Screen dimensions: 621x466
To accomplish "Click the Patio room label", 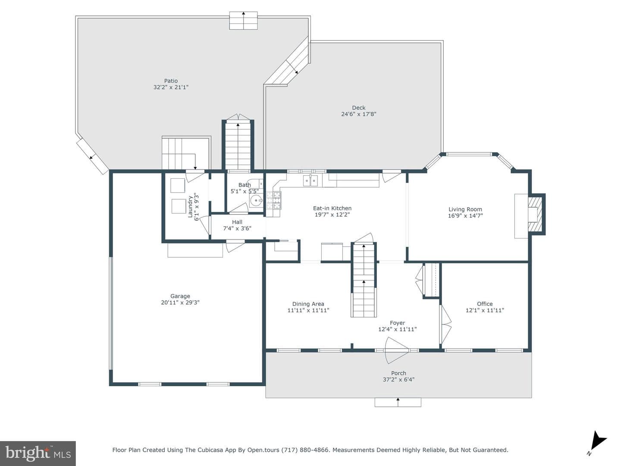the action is click(171, 81).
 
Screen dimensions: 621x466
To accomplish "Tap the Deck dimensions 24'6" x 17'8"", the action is click(358, 114).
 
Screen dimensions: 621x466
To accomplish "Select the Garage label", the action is click(180, 296).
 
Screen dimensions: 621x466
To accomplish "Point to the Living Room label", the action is click(465, 209).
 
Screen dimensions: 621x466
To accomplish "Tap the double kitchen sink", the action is click(310, 180).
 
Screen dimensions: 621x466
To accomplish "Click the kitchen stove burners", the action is click(273, 200).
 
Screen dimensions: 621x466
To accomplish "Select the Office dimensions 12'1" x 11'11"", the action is click(485, 310).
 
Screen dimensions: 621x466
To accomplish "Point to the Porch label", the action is click(398, 373).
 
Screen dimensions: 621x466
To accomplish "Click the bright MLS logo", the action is click(38, 453).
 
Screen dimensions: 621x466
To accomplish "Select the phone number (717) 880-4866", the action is click(306, 450).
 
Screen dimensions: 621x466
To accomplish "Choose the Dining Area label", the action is click(308, 304).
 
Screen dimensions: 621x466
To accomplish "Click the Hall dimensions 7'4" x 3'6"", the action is click(237, 228).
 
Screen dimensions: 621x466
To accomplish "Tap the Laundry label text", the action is click(191, 207).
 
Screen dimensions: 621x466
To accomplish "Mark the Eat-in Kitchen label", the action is click(332, 208).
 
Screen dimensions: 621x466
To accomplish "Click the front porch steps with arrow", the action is click(398, 402).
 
